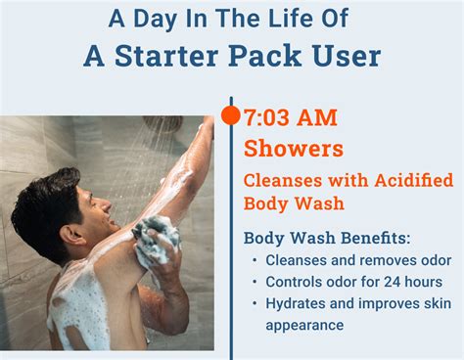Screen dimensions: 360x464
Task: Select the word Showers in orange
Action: pos(293,149)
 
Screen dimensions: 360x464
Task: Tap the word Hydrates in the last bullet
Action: pos(295,303)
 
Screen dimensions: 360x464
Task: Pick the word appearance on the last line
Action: pos(304,324)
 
